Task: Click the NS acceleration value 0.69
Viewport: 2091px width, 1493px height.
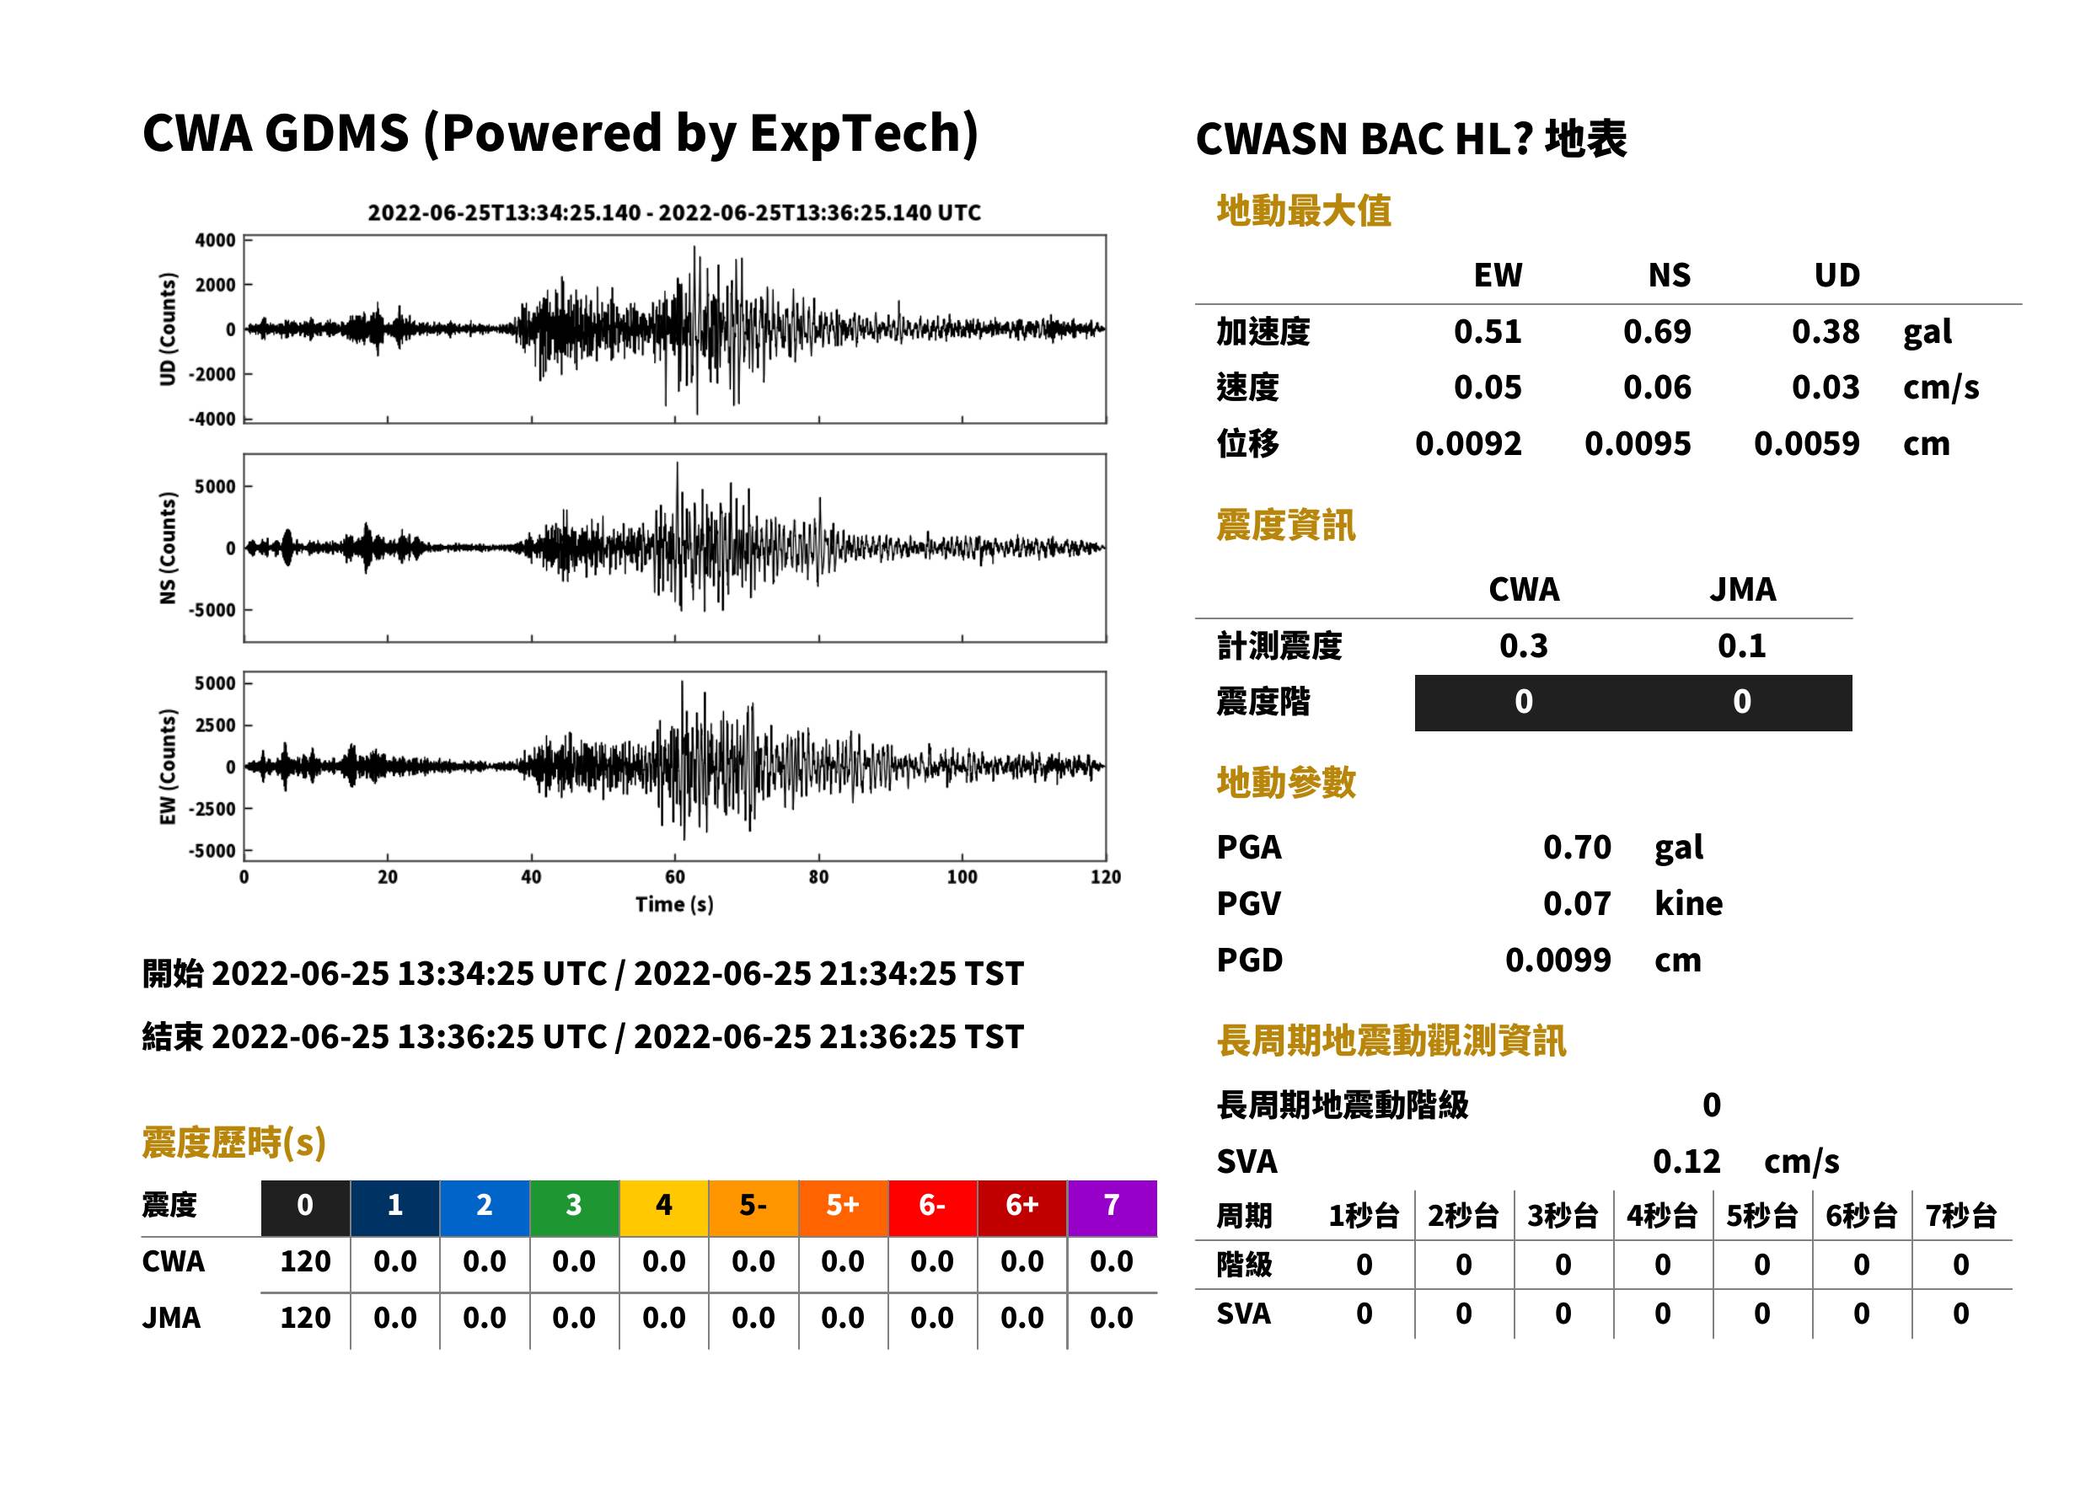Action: (x=1656, y=332)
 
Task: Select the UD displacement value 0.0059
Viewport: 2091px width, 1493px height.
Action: (x=1806, y=444)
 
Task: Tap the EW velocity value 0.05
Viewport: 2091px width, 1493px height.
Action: (x=1487, y=388)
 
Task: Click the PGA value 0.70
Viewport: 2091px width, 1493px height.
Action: (x=1576, y=847)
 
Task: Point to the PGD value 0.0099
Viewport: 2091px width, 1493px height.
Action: (x=1558, y=960)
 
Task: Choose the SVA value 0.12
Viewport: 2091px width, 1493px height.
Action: (x=1686, y=1161)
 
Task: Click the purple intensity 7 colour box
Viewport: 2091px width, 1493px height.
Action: (x=1112, y=1207)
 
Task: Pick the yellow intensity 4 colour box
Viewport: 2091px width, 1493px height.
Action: (x=664, y=1207)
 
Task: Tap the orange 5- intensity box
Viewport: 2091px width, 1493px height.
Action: (x=753, y=1207)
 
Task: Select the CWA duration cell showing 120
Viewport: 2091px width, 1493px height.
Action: (x=305, y=1261)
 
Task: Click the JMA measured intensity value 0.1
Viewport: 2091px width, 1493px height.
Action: (x=1741, y=645)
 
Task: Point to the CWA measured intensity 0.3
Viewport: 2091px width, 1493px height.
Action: (x=1524, y=645)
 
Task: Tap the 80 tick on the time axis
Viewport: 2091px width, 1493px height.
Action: (x=818, y=877)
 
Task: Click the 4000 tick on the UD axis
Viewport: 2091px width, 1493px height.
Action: (x=215, y=240)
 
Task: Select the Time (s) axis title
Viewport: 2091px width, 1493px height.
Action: (x=674, y=905)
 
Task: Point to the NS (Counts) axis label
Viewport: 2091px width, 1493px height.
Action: (x=168, y=548)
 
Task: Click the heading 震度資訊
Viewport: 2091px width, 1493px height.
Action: (x=1285, y=526)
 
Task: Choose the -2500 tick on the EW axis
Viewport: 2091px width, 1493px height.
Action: (x=212, y=809)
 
